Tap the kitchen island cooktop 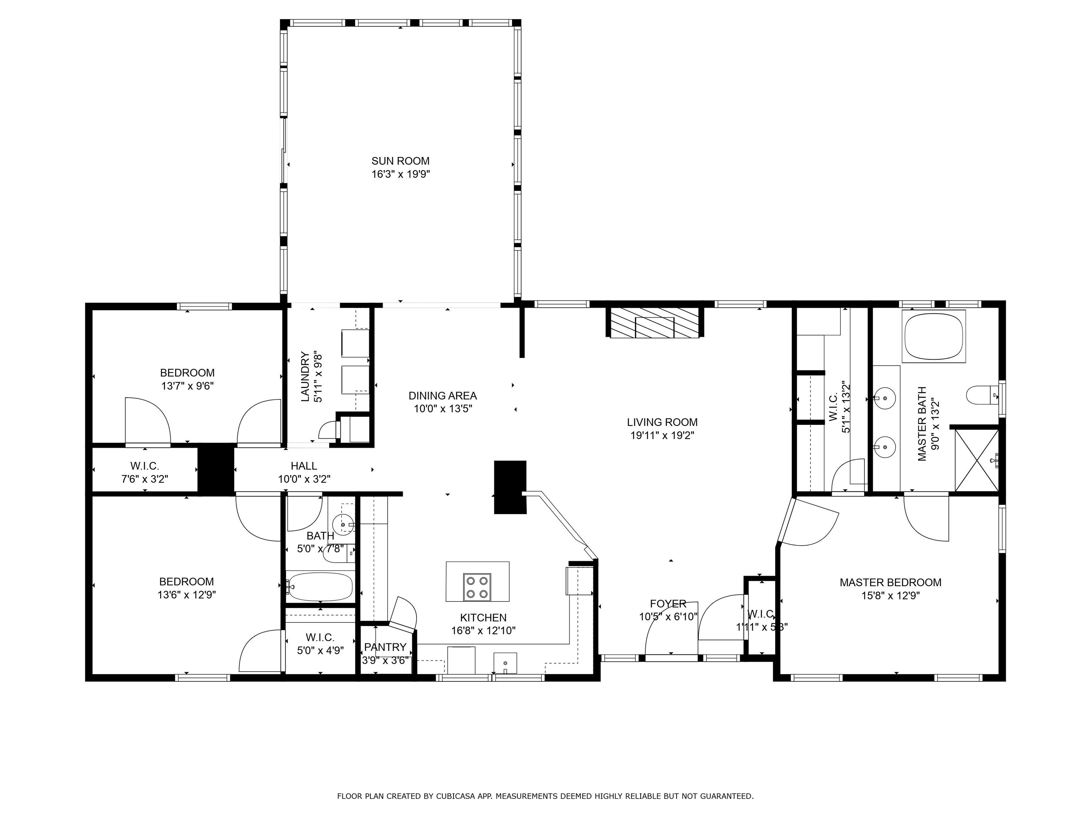pos(477,587)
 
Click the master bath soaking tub pos(933,337)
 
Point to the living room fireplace pos(655,323)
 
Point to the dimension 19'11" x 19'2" pos(662,435)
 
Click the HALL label pos(304,466)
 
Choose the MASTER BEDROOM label pos(890,583)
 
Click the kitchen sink pos(505,663)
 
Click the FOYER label pos(668,604)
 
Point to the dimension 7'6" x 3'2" pos(145,479)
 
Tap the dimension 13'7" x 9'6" pos(188,386)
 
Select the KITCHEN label pos(483,617)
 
